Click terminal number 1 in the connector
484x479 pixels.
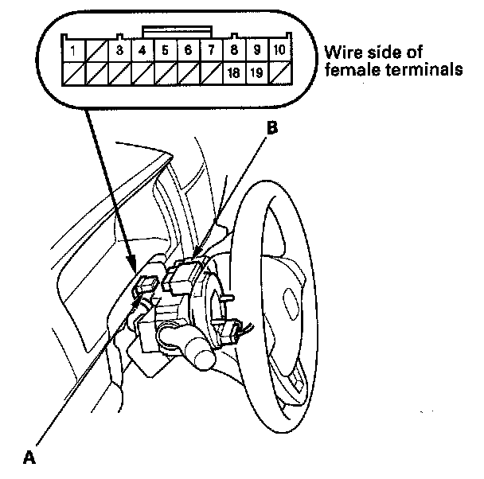(73, 51)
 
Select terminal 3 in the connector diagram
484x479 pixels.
(119, 51)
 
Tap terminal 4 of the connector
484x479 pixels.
(142, 51)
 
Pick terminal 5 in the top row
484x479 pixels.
(165, 51)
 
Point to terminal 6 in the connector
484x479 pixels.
(188, 51)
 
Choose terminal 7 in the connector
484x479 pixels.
(211, 51)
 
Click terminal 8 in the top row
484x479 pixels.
(234, 51)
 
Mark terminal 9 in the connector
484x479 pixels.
(257, 51)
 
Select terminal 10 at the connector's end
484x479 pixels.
(280, 51)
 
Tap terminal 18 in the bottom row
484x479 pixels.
(234, 73)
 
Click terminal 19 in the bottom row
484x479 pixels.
(257, 73)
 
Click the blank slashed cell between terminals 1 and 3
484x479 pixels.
(96, 51)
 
